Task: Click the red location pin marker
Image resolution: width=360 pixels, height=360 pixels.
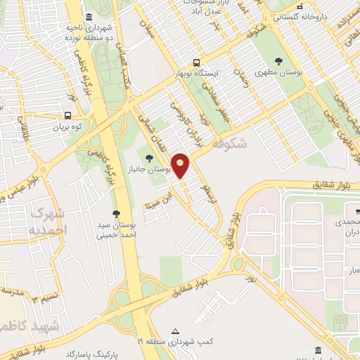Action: pyautogui.click(x=181, y=165)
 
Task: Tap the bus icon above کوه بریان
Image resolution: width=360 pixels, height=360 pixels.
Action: pyautogui.click(x=67, y=115)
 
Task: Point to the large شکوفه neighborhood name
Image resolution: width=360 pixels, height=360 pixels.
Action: pyautogui.click(x=230, y=143)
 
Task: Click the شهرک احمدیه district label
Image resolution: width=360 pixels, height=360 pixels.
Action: pyautogui.click(x=50, y=221)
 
